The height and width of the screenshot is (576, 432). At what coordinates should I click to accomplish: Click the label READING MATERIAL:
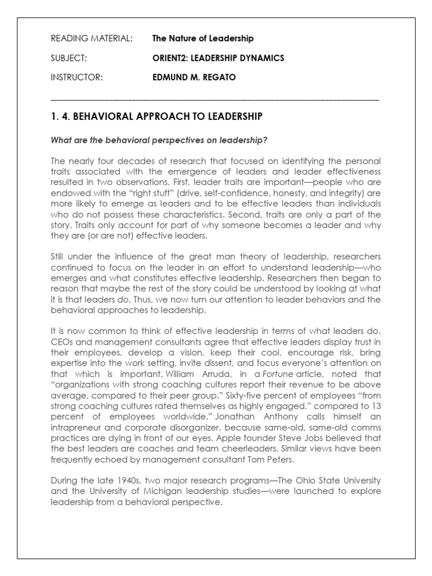click(x=92, y=39)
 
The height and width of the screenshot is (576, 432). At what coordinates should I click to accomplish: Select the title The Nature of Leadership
click(x=202, y=39)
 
